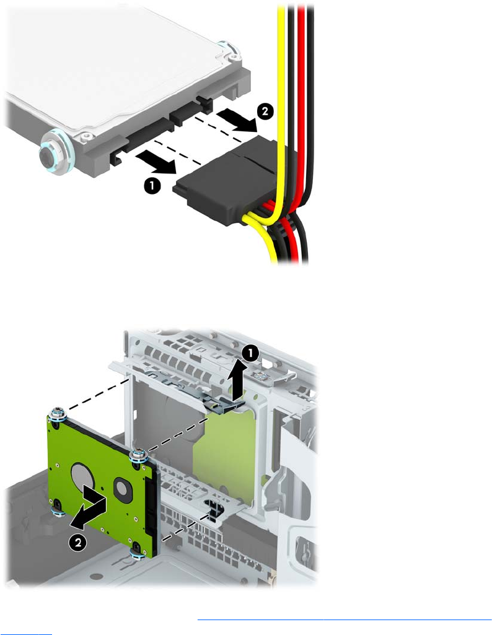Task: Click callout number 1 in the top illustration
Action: [152, 186]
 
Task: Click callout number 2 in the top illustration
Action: [265, 111]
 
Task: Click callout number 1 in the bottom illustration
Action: [250, 354]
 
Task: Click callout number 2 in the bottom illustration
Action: [77, 542]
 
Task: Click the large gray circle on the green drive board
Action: [84, 476]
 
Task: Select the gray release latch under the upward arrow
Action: [220, 403]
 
